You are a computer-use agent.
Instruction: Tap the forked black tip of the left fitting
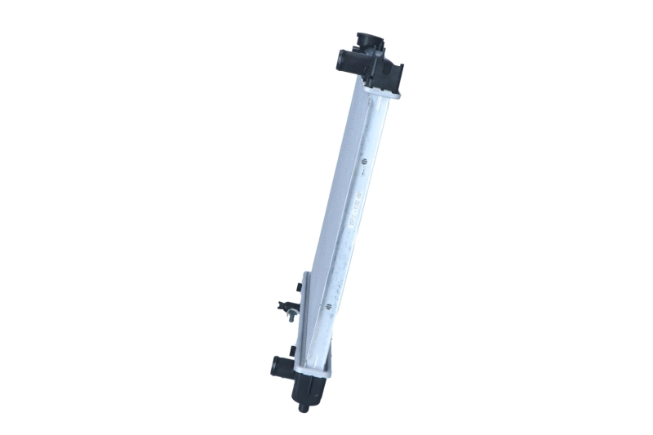[282, 308]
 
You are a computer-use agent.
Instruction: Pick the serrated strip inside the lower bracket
[309, 326]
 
